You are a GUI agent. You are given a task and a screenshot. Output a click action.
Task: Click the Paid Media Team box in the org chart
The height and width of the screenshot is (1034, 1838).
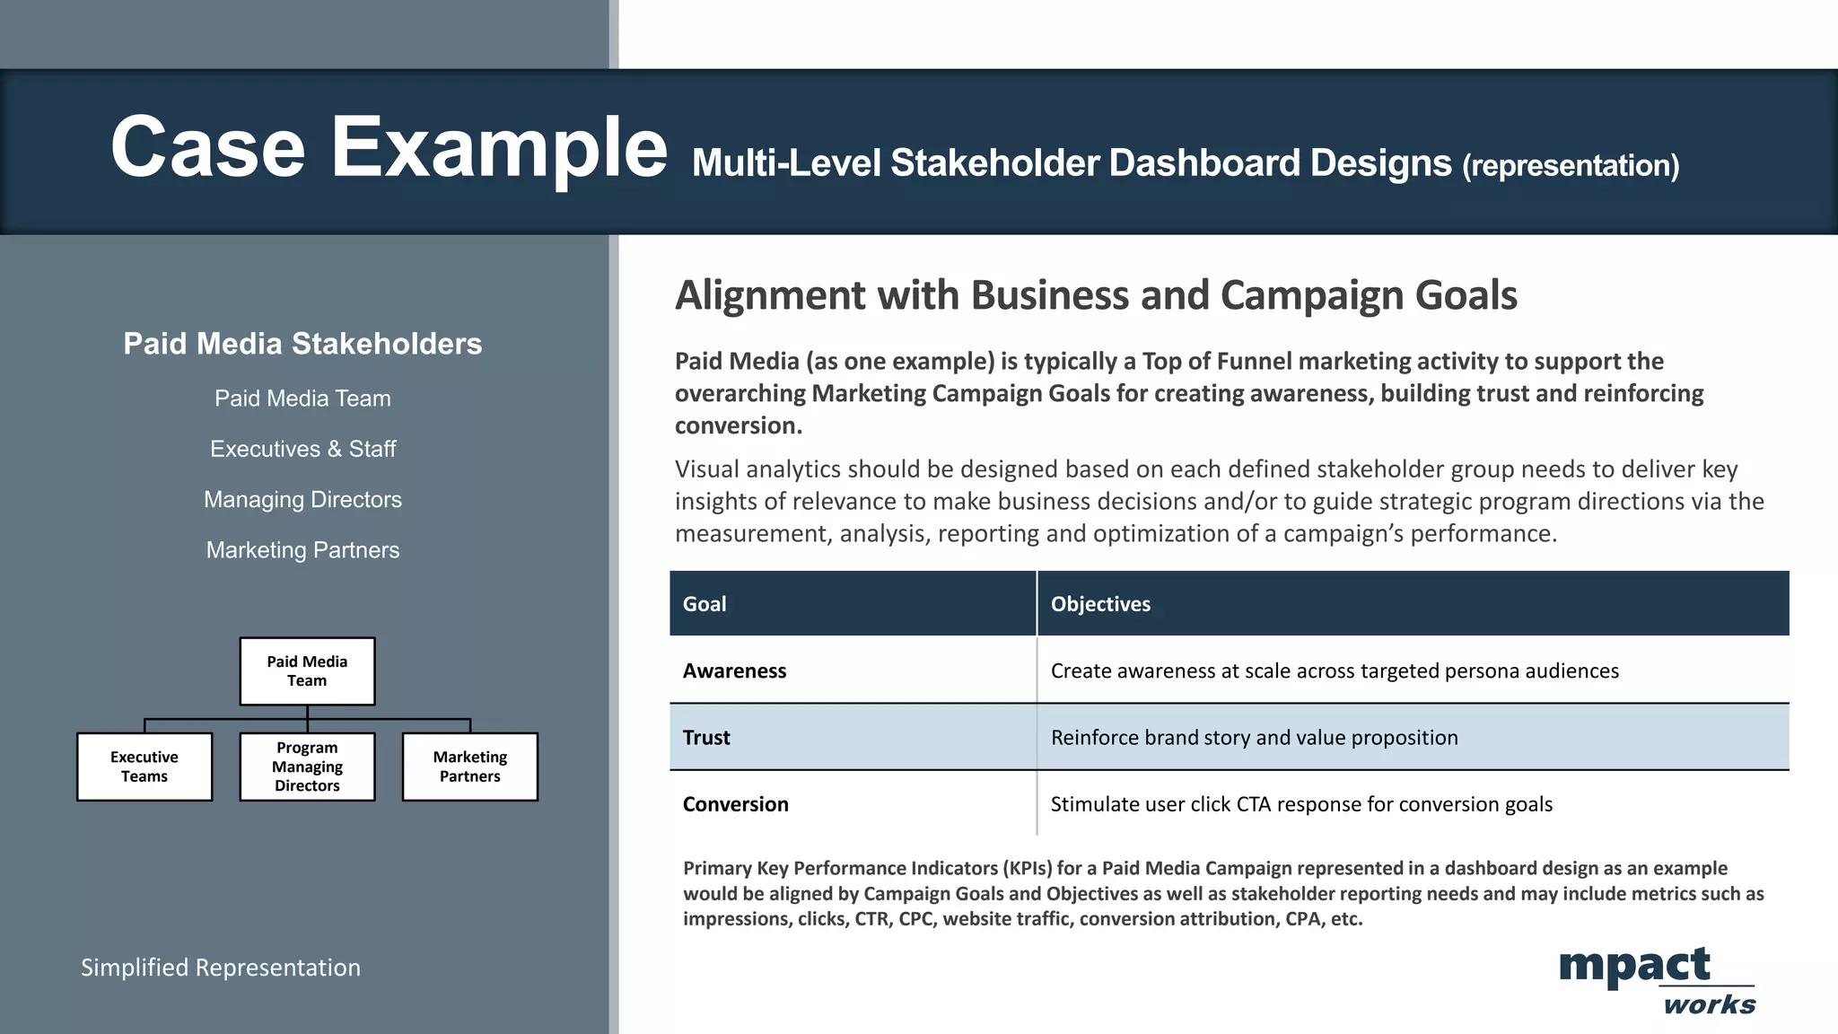(x=307, y=671)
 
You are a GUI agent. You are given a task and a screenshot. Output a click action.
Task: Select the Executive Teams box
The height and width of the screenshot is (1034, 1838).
(x=144, y=767)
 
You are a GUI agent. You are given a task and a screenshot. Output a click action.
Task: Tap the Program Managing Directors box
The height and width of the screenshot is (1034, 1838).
(x=307, y=767)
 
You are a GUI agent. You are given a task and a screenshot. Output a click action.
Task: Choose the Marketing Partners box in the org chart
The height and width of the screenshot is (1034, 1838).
(x=469, y=767)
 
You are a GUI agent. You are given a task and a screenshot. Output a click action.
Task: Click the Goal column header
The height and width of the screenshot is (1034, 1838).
(x=705, y=604)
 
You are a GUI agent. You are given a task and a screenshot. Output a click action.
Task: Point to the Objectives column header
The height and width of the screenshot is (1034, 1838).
(x=1100, y=604)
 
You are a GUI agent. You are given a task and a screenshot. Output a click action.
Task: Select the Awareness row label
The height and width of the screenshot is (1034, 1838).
(x=734, y=670)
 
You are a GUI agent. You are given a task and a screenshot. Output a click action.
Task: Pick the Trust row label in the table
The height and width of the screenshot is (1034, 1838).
(x=706, y=737)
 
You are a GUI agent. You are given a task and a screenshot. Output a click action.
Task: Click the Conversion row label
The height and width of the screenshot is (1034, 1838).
(x=735, y=804)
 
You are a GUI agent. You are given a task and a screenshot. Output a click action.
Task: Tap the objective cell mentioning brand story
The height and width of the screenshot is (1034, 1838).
(x=1254, y=737)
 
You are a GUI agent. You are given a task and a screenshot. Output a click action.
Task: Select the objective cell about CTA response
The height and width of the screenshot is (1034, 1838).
(x=1301, y=804)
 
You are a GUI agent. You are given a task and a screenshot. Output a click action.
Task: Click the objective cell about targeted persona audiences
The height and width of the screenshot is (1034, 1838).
(x=1335, y=670)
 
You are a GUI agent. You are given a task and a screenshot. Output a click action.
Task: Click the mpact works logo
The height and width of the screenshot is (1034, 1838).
(x=1656, y=980)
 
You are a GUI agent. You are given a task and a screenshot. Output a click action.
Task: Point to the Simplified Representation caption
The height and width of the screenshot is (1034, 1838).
(x=221, y=968)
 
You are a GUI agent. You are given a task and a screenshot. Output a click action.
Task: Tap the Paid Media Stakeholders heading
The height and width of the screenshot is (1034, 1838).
(x=302, y=344)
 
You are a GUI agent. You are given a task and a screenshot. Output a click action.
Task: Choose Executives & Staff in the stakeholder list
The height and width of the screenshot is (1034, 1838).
(x=302, y=449)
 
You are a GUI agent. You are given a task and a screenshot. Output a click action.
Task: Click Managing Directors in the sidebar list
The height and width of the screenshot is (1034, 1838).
(x=302, y=499)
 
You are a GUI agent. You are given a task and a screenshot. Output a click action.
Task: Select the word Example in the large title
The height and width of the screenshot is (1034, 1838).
(x=499, y=148)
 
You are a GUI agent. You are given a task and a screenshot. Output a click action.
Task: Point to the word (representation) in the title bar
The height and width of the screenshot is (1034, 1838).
(x=1571, y=165)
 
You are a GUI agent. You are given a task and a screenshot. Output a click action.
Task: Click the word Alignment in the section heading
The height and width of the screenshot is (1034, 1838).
(x=771, y=295)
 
